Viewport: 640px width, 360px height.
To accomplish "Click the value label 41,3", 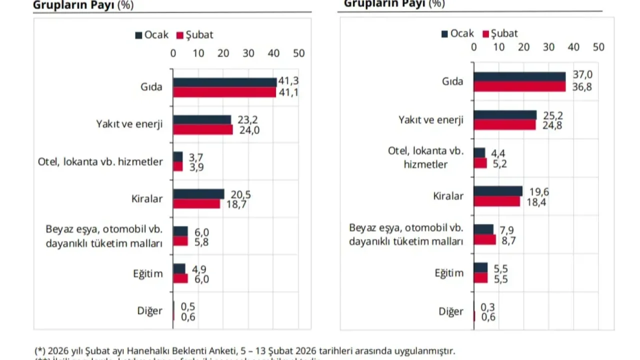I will pos(288,81).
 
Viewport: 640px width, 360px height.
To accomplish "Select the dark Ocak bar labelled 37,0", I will pos(519,76).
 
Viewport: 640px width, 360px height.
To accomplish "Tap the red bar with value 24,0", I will pos(202,130).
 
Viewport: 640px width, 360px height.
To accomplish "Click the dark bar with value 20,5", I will pos(198,194).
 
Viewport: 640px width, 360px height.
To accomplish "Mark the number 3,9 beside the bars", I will pos(196,167).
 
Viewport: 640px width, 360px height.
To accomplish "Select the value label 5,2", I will pos(499,163).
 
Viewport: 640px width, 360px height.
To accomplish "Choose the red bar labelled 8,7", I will pos(484,240).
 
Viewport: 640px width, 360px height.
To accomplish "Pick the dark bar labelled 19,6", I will pos(498,191).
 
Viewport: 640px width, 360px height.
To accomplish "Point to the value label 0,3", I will pos(487,307).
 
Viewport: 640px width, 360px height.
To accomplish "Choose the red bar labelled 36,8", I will pos(519,86).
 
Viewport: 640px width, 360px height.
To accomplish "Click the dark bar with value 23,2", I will pos(202,120).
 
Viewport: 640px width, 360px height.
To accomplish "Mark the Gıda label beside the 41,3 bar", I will pos(151,87).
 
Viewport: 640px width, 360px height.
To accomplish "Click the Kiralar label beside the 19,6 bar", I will pos(448,196).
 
